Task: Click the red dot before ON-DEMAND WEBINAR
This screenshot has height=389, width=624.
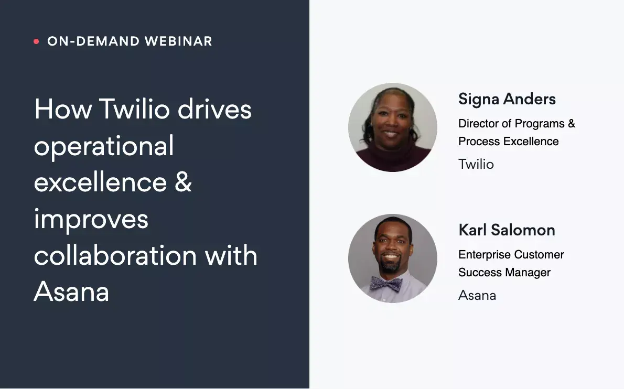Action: [36, 41]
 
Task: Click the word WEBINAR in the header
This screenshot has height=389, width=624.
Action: [178, 41]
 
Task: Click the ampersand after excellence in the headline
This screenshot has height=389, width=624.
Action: [183, 182]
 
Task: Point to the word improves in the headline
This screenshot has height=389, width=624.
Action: [91, 219]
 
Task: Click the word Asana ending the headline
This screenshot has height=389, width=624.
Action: [72, 291]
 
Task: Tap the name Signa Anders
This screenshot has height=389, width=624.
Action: [507, 99]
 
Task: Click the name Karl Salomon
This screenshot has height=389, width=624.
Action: [507, 230]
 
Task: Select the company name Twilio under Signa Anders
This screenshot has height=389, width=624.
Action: [476, 164]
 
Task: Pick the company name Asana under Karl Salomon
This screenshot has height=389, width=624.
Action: [477, 295]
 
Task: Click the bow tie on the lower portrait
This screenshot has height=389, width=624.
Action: [385, 284]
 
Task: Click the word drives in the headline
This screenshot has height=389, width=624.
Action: [214, 109]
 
